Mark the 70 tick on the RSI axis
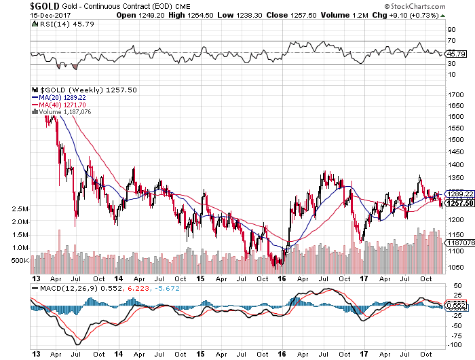pyautogui.click(x=449, y=41)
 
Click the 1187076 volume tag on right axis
pyautogui.click(x=459, y=242)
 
